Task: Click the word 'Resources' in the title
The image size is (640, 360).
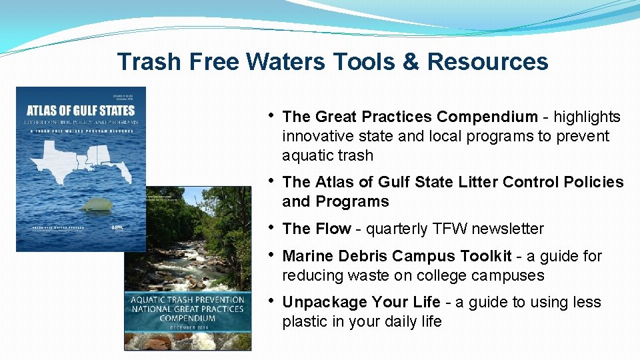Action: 488,61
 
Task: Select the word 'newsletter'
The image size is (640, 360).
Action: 506,229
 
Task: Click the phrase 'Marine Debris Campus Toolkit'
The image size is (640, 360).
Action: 397,256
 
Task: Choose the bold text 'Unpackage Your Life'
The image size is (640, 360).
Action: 361,302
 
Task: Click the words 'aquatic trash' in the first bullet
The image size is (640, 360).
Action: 327,155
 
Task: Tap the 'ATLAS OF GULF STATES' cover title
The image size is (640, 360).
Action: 80,110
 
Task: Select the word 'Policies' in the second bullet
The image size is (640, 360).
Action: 594,182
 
